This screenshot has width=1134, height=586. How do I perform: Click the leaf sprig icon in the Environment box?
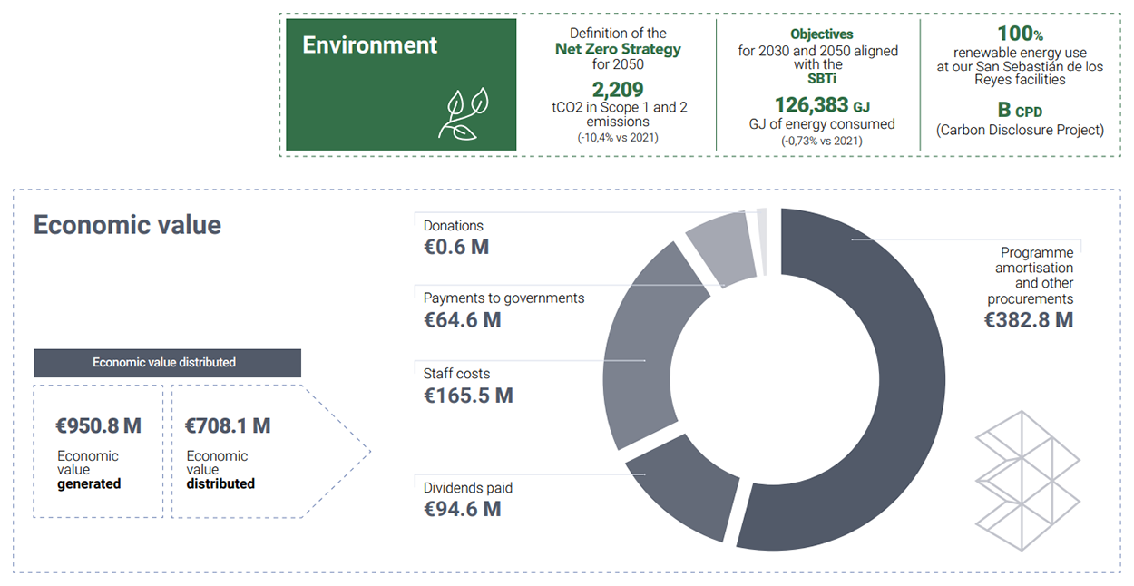click(464, 113)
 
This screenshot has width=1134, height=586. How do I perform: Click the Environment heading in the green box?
click(370, 45)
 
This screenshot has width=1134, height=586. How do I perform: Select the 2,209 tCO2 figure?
click(618, 90)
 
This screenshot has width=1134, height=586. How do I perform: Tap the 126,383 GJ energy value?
click(821, 105)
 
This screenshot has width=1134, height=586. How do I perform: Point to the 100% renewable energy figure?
click(1020, 34)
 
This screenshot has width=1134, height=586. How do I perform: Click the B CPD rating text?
click(1020, 111)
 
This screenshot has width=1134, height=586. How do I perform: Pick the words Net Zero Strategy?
click(618, 49)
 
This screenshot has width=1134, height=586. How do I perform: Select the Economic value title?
click(127, 225)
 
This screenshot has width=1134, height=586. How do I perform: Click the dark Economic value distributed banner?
click(167, 363)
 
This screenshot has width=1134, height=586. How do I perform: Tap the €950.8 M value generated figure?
click(98, 425)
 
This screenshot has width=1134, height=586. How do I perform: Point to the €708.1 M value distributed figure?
click(228, 425)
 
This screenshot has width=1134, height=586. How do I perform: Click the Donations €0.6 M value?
click(455, 246)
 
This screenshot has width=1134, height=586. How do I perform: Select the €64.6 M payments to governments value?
click(462, 319)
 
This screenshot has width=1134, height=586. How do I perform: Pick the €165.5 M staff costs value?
click(468, 396)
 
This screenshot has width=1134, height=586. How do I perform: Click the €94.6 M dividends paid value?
click(462, 509)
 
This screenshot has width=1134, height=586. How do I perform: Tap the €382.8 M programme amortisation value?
click(1028, 319)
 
